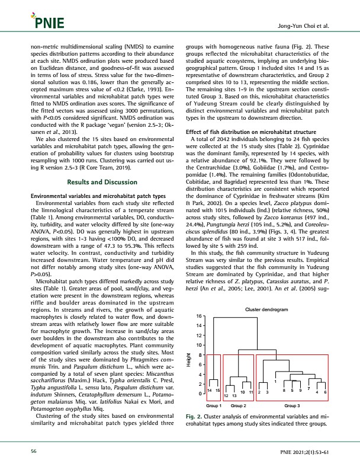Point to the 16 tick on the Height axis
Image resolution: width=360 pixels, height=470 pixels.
[x=200, y=316]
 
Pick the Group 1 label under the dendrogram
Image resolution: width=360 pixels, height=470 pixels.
[x=214, y=406]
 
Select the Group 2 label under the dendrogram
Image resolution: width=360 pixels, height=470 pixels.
[x=238, y=406]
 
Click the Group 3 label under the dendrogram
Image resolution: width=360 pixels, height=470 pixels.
[x=291, y=406]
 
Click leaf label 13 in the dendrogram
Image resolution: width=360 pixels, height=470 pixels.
[x=233, y=395]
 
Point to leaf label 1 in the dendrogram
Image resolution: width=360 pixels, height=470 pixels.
[x=275, y=381]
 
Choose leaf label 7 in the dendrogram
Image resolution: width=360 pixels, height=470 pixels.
[x=308, y=388]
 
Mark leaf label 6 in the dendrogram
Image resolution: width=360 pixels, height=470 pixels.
[x=325, y=392]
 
